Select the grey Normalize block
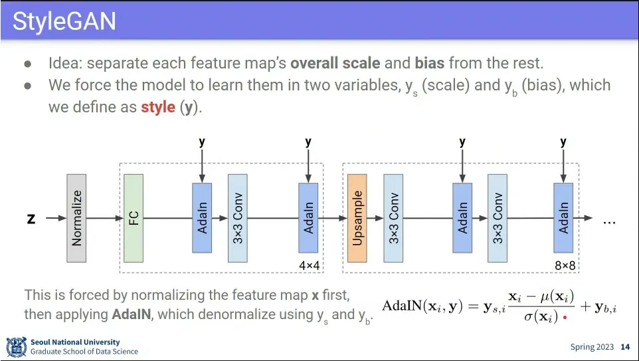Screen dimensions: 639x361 [76, 218]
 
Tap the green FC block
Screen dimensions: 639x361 [134, 218]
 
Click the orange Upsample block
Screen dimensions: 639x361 [357, 218]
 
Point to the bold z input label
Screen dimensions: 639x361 [31, 218]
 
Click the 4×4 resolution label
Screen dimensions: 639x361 [309, 265]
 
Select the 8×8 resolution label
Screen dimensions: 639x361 [565, 265]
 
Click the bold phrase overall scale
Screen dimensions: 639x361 [335, 64]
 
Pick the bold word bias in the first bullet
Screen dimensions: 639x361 [430, 64]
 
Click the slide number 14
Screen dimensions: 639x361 [625, 347]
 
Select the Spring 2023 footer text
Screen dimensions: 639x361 [591, 347]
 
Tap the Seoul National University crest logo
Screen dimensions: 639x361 [16, 346]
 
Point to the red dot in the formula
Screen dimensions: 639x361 [565, 318]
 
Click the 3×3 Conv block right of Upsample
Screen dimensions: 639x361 [393, 218]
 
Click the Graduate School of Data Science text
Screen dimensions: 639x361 [84, 352]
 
